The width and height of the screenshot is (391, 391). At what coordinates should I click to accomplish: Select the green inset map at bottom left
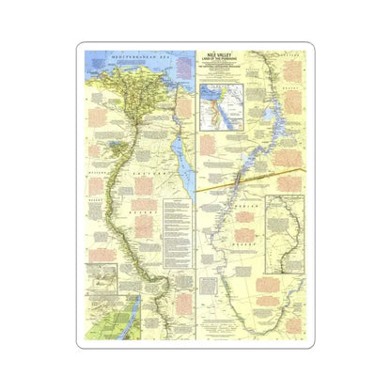click(104, 320)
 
